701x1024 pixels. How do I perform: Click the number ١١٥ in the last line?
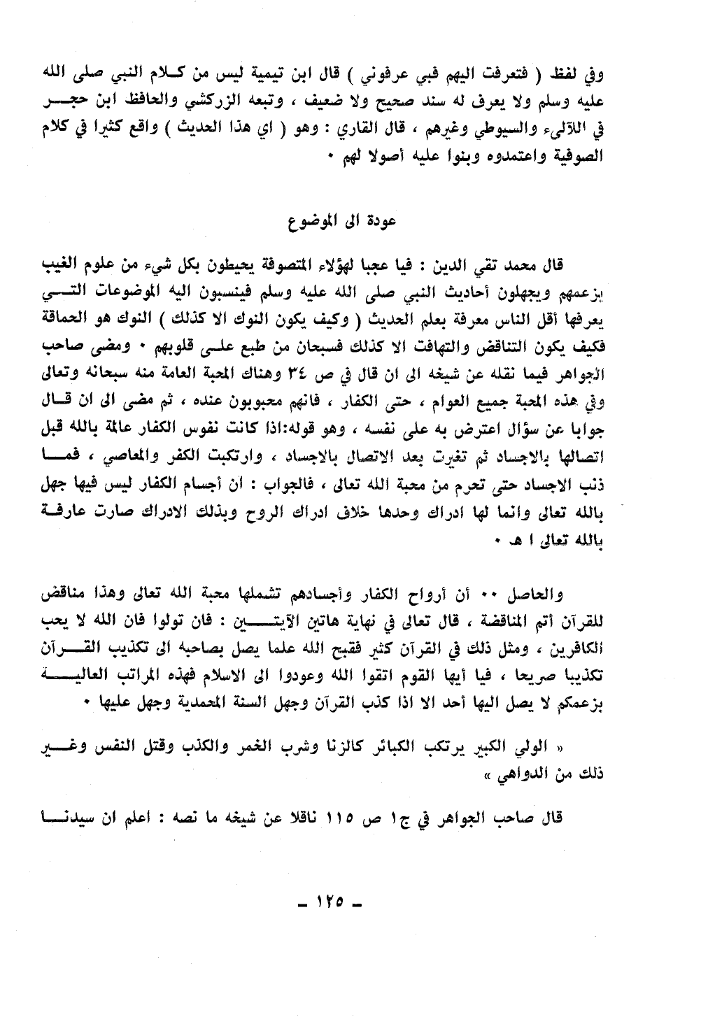click(342, 817)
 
